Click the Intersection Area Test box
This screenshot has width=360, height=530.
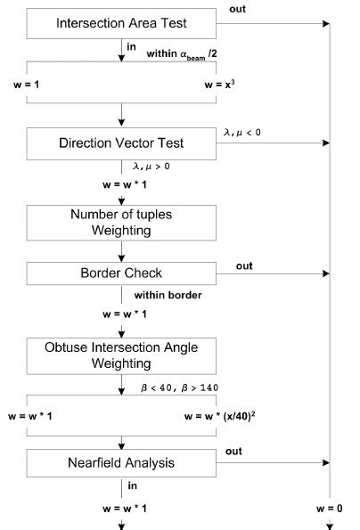pos(120,23)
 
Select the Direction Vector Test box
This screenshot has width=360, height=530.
pos(120,143)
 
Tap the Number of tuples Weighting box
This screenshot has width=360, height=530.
pos(120,221)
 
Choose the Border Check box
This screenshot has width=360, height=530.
pos(120,274)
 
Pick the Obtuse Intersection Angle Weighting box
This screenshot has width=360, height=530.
pos(120,353)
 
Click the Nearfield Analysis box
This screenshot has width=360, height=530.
pos(120,463)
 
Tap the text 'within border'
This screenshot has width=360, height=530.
pos(164,295)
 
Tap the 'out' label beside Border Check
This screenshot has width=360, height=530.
pos(245,265)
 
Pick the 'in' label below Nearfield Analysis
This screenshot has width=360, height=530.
pos(133,486)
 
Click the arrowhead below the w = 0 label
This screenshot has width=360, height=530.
pos(330,525)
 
